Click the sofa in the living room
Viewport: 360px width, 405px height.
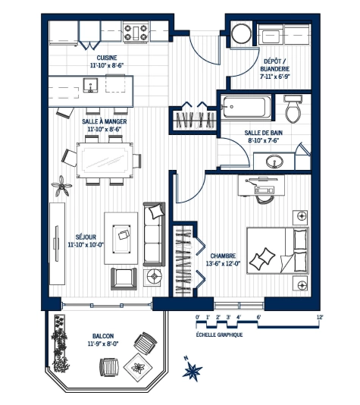tap(154, 234)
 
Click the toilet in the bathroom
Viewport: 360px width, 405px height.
tap(294, 111)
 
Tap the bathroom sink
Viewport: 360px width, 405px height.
tap(273, 160)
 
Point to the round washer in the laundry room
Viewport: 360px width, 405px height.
tap(242, 33)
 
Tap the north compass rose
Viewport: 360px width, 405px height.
tap(195, 371)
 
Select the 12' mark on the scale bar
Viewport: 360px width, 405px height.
tap(320, 316)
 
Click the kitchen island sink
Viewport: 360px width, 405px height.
tap(90, 85)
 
